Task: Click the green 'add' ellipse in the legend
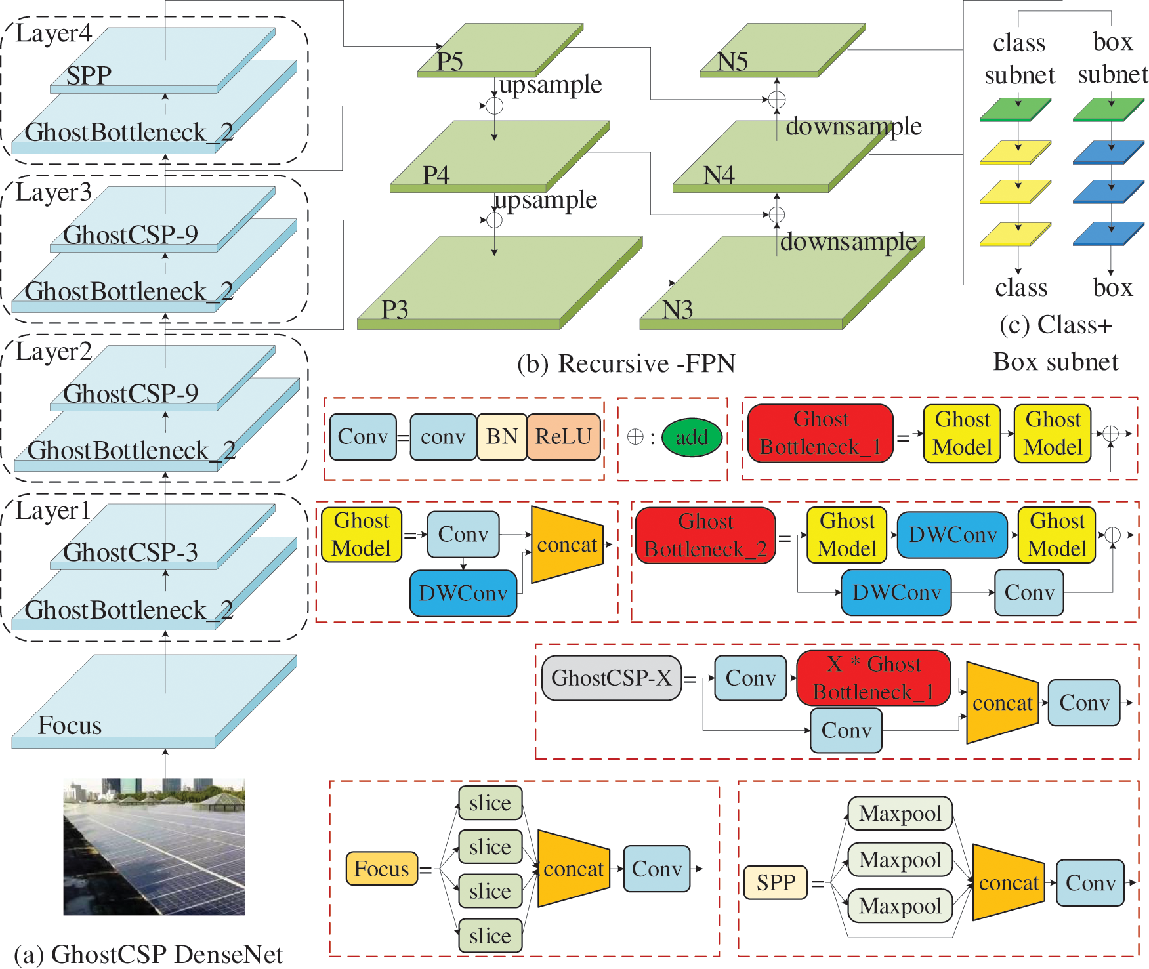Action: tap(692, 438)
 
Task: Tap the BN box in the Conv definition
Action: tap(502, 437)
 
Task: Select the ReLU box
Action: tap(564, 437)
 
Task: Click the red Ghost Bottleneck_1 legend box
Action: tap(820, 433)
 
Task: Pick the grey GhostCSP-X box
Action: tap(611, 678)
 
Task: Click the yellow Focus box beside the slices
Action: tap(381, 869)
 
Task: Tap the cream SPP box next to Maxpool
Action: tap(775, 882)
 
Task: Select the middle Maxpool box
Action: tap(900, 859)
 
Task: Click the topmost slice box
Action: tap(490, 803)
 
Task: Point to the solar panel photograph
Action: tap(154, 846)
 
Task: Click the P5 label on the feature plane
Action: tap(450, 62)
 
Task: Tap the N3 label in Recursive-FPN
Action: tap(677, 310)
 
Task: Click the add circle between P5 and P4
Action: tap(494, 106)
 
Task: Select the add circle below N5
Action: tap(777, 100)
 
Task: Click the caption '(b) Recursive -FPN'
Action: tap(626, 363)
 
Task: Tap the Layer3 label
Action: tap(53, 193)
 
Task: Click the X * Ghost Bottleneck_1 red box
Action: tap(873, 678)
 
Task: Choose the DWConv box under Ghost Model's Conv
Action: tap(463, 593)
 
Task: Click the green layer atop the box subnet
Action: tap(1108, 110)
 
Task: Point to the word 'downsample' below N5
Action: tap(853, 127)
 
